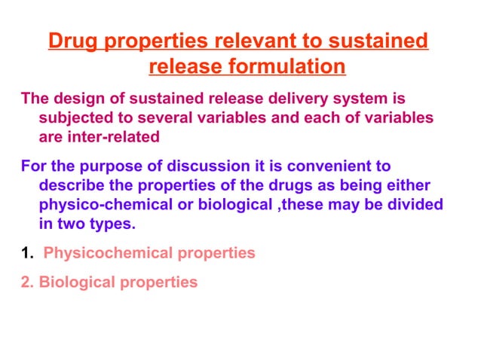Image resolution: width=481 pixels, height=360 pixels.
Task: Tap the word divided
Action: tap(413, 205)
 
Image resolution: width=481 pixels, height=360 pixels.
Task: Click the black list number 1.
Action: tap(26, 253)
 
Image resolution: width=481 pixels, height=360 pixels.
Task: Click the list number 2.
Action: tap(26, 282)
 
